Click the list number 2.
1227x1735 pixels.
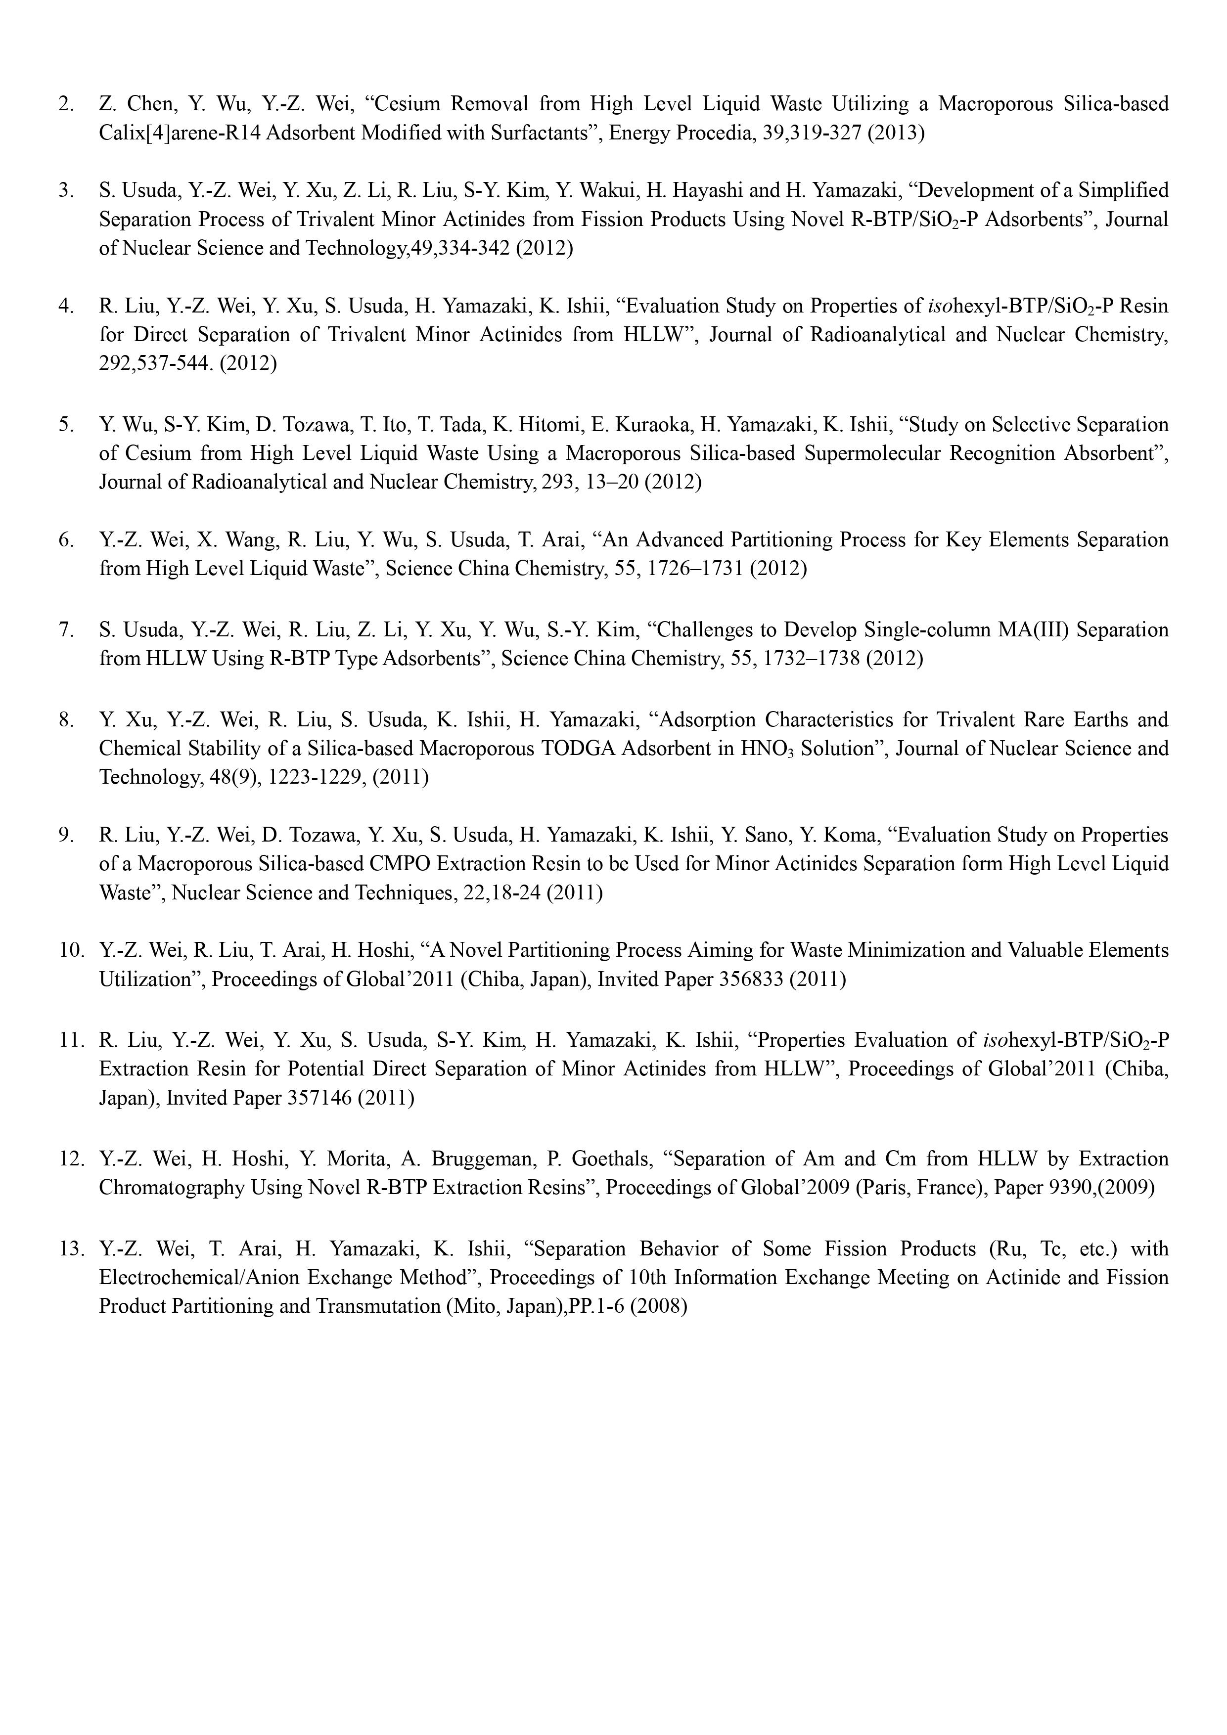66,103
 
